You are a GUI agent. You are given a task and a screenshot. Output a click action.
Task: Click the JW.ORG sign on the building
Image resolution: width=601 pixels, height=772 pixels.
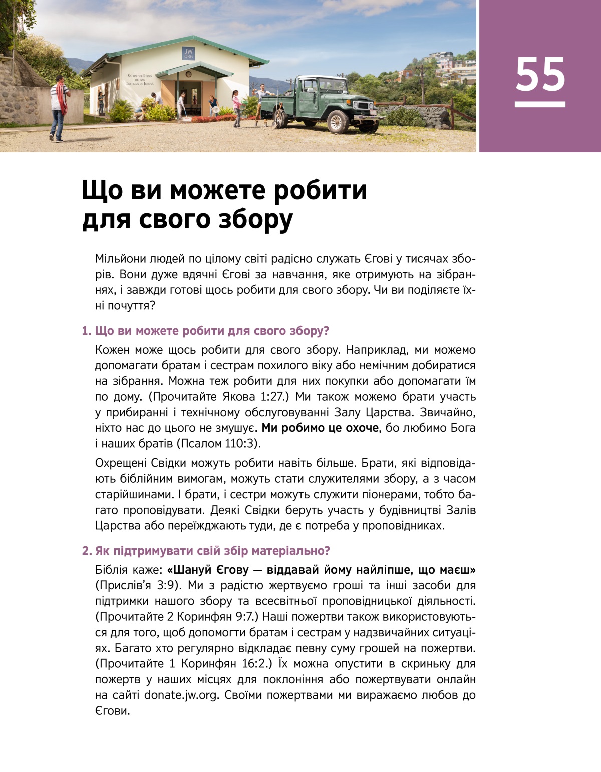[188, 54]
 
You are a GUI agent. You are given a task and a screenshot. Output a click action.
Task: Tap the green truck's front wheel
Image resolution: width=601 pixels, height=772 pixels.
[338, 122]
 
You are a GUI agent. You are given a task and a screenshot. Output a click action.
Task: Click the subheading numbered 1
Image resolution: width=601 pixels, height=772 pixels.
[205, 331]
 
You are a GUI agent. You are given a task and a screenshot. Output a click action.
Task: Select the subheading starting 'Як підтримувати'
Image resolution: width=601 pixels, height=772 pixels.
[206, 551]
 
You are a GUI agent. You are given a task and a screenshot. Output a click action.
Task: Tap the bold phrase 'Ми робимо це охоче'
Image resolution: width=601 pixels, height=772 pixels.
[321, 428]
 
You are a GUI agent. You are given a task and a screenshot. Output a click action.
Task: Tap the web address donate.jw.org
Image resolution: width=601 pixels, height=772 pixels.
[181, 695]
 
